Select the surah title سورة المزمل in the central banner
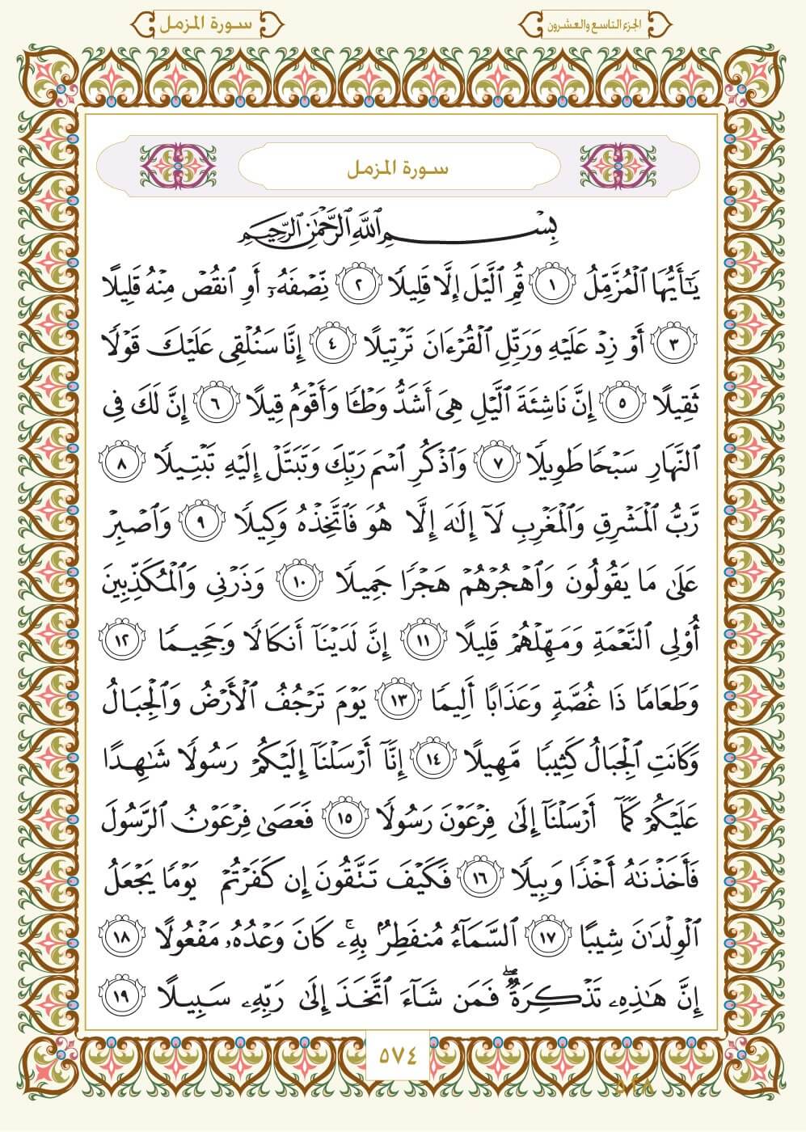[402, 171]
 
